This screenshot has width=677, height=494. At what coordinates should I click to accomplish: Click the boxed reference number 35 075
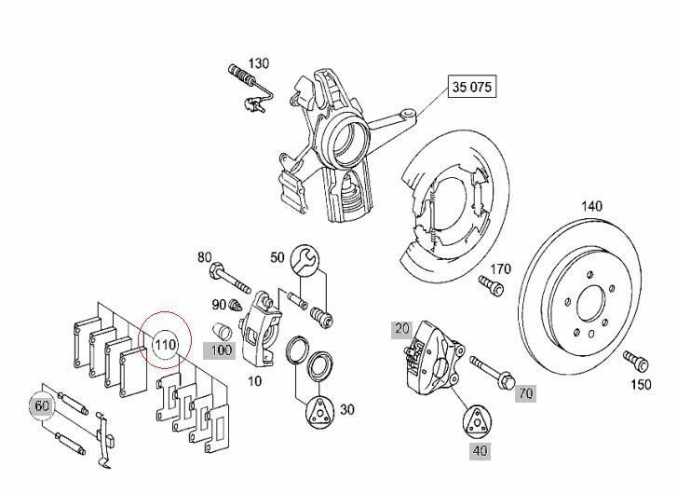pyautogui.click(x=472, y=87)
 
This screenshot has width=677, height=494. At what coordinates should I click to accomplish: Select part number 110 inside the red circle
pyautogui.click(x=166, y=345)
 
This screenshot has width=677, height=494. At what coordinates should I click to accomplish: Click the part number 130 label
pyautogui.click(x=259, y=63)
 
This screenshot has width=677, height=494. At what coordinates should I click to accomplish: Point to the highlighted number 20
pyautogui.click(x=402, y=329)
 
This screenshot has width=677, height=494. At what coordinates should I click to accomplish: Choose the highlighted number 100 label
pyautogui.click(x=220, y=350)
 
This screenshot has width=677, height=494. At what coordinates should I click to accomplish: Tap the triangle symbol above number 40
pyautogui.click(x=477, y=421)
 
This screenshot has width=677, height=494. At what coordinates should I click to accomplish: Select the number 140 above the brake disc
pyautogui.click(x=591, y=207)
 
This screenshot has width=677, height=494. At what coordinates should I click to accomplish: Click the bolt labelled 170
pyautogui.click(x=492, y=286)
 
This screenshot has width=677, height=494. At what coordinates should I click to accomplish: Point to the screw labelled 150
pyautogui.click(x=636, y=362)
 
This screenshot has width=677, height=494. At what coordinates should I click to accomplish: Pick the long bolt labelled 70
pyautogui.click(x=492, y=371)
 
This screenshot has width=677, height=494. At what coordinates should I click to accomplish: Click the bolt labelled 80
pyautogui.click(x=229, y=278)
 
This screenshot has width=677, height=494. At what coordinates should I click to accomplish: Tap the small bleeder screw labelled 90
pyautogui.click(x=236, y=305)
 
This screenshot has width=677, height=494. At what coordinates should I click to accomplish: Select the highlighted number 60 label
pyautogui.click(x=42, y=405)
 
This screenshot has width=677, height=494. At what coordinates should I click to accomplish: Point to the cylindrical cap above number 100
pyautogui.click(x=223, y=331)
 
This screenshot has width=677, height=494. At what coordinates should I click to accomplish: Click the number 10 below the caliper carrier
pyautogui.click(x=255, y=381)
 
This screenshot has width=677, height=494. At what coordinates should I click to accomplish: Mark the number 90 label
pyautogui.click(x=219, y=305)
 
